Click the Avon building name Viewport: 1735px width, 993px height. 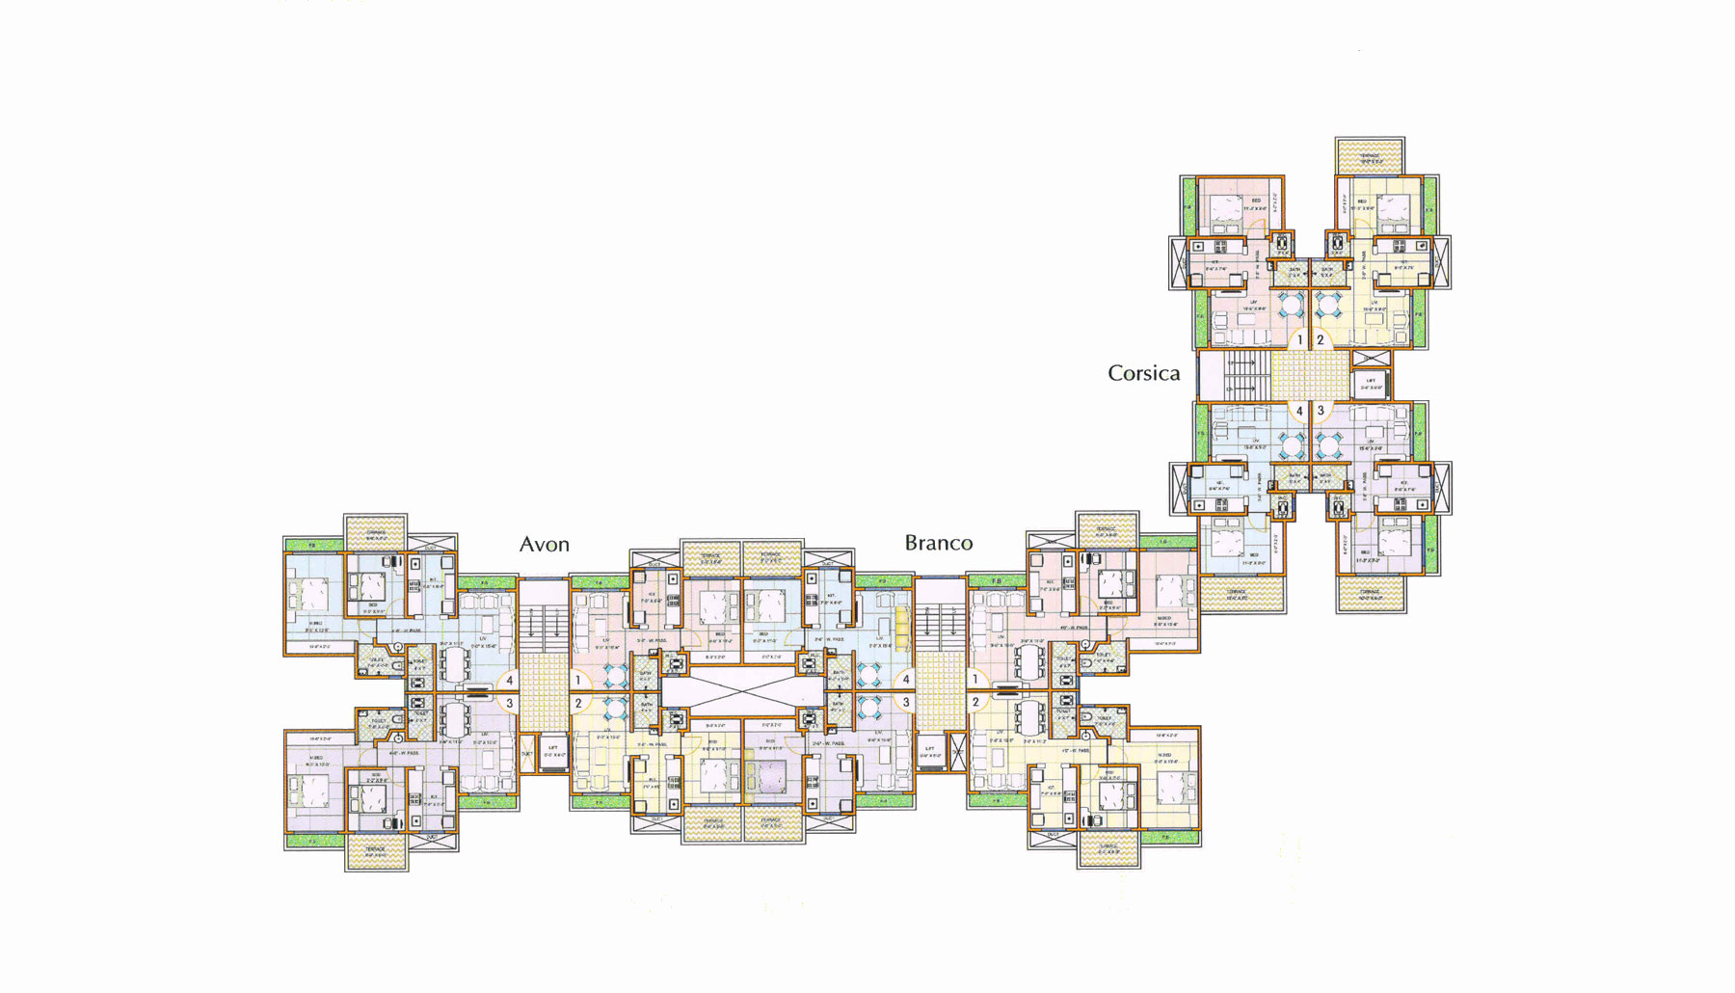click(545, 545)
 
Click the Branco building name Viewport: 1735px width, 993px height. click(938, 543)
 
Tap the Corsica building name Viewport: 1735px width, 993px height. click(1143, 373)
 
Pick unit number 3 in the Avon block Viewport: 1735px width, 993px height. click(509, 704)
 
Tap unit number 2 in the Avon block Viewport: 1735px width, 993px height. click(578, 704)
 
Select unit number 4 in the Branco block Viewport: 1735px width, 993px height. click(906, 680)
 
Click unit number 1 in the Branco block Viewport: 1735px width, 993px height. click(975, 680)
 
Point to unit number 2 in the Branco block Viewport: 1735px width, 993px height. click(975, 703)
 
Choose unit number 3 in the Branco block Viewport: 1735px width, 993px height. click(906, 703)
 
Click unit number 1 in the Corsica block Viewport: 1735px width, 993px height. click(1299, 339)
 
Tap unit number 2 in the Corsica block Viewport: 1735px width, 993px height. click(1321, 339)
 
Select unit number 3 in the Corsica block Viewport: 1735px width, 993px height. click(1321, 411)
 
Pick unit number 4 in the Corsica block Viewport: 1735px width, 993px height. click(1299, 411)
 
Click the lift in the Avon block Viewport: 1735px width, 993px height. click(552, 750)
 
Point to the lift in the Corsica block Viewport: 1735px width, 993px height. click(1371, 384)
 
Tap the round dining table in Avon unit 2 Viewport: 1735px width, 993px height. click(615, 711)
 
